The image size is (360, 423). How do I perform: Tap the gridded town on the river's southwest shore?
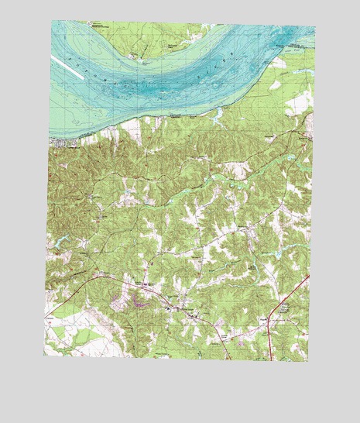(x=60, y=141)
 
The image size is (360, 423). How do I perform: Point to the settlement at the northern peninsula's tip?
(x=138, y=56)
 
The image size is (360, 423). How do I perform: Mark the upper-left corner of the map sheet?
(x=53, y=21)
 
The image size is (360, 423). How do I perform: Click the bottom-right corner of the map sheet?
(x=307, y=362)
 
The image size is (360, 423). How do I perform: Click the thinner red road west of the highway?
(x=225, y=349)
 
